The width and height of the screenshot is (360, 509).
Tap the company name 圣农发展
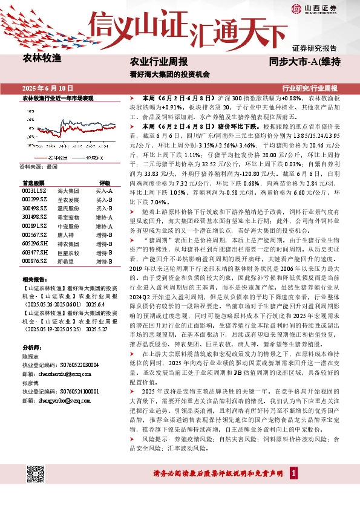click(x=67, y=199)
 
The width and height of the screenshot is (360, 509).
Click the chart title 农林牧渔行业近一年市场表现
click(x=57, y=97)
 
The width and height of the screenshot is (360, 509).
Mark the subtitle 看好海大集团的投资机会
click(x=170, y=75)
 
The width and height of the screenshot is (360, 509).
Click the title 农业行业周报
click(x=159, y=62)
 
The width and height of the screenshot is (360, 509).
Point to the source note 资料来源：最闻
click(x=38, y=166)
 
